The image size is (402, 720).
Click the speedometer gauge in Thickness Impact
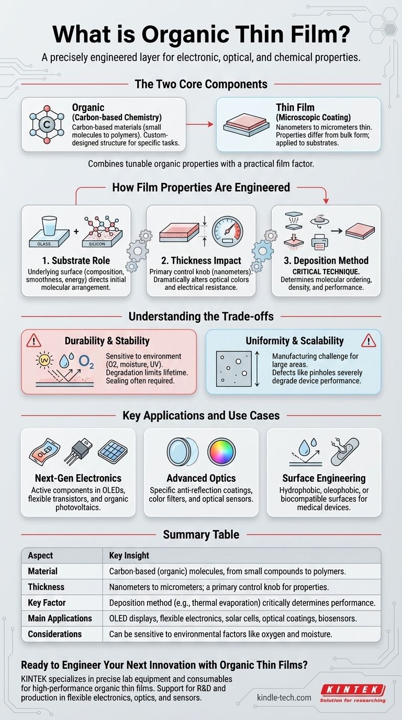(x=227, y=229)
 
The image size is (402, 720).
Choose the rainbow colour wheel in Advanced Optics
(x=222, y=451)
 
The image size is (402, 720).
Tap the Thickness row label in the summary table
(x=46, y=587)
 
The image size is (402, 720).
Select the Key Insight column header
(x=129, y=556)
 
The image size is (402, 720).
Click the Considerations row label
(x=54, y=634)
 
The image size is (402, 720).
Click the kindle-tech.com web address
(x=284, y=697)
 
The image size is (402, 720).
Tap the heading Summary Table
(x=201, y=534)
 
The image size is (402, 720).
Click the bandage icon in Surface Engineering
(x=345, y=451)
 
